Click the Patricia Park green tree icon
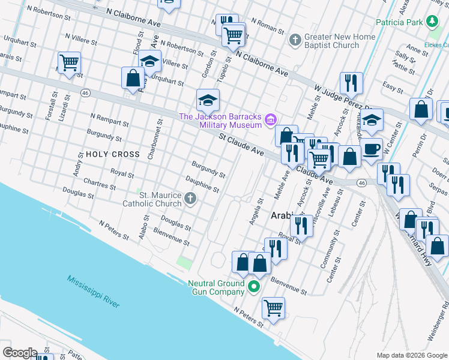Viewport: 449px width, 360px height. pyautogui.click(x=432, y=23)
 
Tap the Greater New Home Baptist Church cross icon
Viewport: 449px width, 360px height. pyautogui.click(x=294, y=41)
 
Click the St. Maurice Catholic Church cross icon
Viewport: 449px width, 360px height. pyautogui.click(x=190, y=199)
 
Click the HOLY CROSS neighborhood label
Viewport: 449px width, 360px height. pyautogui.click(x=112, y=154)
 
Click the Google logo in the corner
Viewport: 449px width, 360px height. pyautogui.click(x=19, y=353)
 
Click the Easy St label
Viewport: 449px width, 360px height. pyautogui.click(x=393, y=89)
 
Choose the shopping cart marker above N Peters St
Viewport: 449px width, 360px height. pyautogui.click(x=273, y=307)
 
